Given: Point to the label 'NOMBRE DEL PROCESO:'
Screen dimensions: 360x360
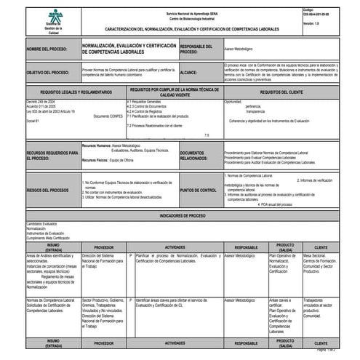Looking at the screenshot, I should click(47, 50).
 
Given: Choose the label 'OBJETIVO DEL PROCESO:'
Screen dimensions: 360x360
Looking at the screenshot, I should click(49, 73).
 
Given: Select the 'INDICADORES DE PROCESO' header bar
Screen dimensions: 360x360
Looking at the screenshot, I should click(180, 216).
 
